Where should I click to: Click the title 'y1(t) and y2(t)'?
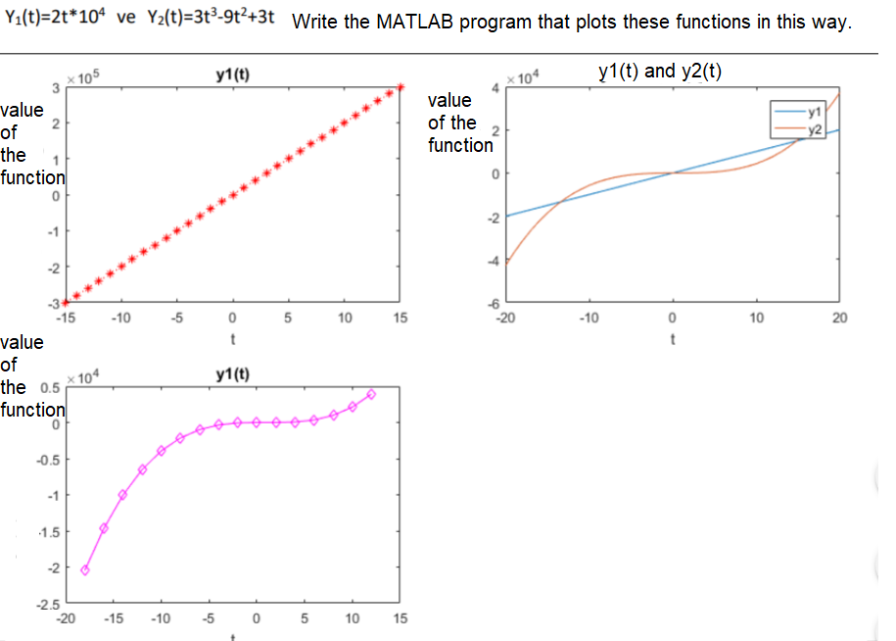coord(660,71)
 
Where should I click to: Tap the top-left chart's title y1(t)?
coord(233,73)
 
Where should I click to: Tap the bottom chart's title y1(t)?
coord(233,376)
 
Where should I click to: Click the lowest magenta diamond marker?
coord(85,569)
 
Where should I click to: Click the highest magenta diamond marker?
coord(371,394)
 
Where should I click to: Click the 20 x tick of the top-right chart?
coord(838,318)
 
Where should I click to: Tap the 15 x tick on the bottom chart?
coord(400,619)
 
